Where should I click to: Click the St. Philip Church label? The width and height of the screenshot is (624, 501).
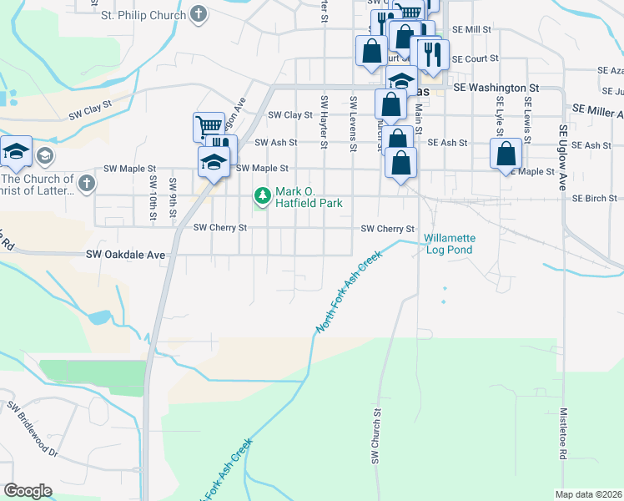coord(144,15)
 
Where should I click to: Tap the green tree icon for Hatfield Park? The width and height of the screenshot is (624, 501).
coord(264,196)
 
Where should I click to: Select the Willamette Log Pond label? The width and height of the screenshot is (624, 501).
coord(449,244)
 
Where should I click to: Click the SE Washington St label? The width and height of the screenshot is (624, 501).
coord(497,88)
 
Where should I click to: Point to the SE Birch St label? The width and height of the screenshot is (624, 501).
coord(595,199)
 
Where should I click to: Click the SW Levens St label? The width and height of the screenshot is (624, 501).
coord(354,124)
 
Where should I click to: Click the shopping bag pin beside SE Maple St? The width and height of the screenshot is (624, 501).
coord(506,153)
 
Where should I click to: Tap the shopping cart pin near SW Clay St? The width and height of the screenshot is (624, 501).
coord(209,127)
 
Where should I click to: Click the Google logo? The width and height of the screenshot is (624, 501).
coord(28,491)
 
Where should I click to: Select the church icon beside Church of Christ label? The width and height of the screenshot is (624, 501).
coord(86,182)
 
